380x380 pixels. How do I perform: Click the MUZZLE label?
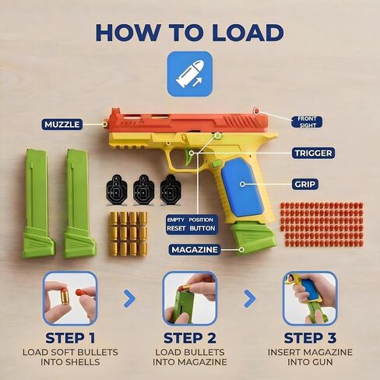[62, 125]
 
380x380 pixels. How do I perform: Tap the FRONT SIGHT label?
[307, 122]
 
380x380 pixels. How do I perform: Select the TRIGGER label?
[313, 153]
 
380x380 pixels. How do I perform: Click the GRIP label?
[305, 185]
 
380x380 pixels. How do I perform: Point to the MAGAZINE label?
[195, 250]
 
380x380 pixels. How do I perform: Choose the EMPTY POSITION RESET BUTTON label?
[192, 224]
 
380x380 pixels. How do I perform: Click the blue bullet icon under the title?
[190, 74]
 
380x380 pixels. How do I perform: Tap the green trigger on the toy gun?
[188, 157]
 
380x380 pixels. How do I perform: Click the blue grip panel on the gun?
[242, 187]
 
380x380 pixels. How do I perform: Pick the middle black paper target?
[143, 190]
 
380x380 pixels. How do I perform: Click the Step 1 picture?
[70, 298]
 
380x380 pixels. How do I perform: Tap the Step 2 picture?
[190, 298]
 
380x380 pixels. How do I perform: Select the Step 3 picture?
[310, 298]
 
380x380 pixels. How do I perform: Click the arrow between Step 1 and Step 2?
[130, 298]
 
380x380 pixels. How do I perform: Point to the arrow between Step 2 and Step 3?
[250, 298]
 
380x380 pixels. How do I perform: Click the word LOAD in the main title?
[248, 33]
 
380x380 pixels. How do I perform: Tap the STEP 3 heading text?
[310, 338]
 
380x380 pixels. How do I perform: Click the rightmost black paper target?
[171, 190]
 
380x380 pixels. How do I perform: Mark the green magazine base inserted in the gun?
[253, 237]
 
